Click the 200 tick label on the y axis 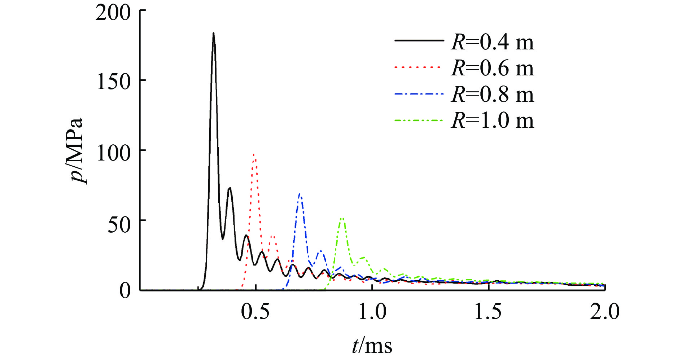pyautogui.click(x=113, y=13)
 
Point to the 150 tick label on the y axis pyautogui.click(x=113, y=82)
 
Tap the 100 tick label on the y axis pyautogui.click(x=113, y=153)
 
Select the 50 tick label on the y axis pyautogui.click(x=119, y=224)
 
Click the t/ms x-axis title pyautogui.click(x=372, y=345)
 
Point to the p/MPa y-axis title pyautogui.click(x=77, y=151)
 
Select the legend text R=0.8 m pyautogui.click(x=492, y=94)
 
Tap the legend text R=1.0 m pyautogui.click(x=492, y=120)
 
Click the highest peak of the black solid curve pyautogui.click(x=214, y=33)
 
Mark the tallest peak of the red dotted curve pyautogui.click(x=254, y=154)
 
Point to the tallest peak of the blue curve pyautogui.click(x=300, y=194)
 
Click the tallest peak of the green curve pyautogui.click(x=342, y=218)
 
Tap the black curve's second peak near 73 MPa pyautogui.click(x=229, y=188)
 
